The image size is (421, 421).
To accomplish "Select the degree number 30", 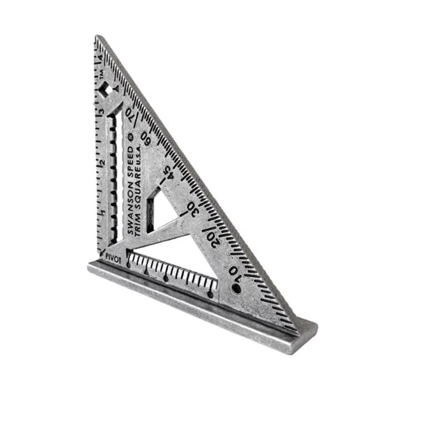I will click(x=192, y=208).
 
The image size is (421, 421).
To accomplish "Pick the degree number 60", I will click(x=147, y=138).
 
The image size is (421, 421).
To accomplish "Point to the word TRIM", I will click(x=138, y=226).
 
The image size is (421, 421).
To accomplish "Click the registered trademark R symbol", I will click(x=131, y=137).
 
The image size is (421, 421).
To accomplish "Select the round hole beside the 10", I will click(x=236, y=289).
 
